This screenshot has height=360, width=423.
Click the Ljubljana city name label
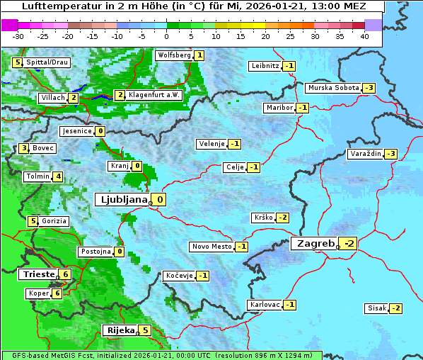[x=122, y=200]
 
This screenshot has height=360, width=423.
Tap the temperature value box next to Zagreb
[x=349, y=244]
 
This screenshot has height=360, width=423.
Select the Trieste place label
[x=37, y=274]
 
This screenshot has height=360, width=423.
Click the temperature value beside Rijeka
[x=145, y=330]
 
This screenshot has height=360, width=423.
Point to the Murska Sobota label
[x=332, y=88]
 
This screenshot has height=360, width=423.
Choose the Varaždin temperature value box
[x=390, y=154]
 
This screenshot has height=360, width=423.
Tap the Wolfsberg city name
[x=174, y=55]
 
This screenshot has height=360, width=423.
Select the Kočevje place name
[x=179, y=276]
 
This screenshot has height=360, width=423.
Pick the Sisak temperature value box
[x=396, y=308]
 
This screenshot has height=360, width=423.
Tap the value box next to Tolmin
[x=58, y=176]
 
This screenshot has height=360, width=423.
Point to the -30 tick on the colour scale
[x=18, y=36]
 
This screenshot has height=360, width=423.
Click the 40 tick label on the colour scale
[x=364, y=36]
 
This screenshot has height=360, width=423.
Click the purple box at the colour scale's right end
[x=373, y=25]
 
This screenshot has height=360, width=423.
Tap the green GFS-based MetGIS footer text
[x=161, y=355]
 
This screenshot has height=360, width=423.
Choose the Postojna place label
[x=95, y=252]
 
